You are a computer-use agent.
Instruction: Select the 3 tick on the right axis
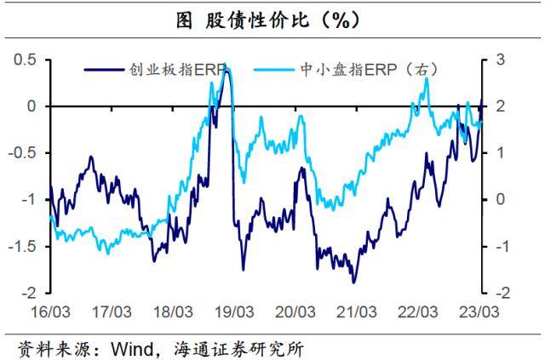coord(496,60)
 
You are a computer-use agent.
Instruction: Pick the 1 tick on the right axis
coord(496,153)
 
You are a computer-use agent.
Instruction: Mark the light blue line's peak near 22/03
coord(426,79)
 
